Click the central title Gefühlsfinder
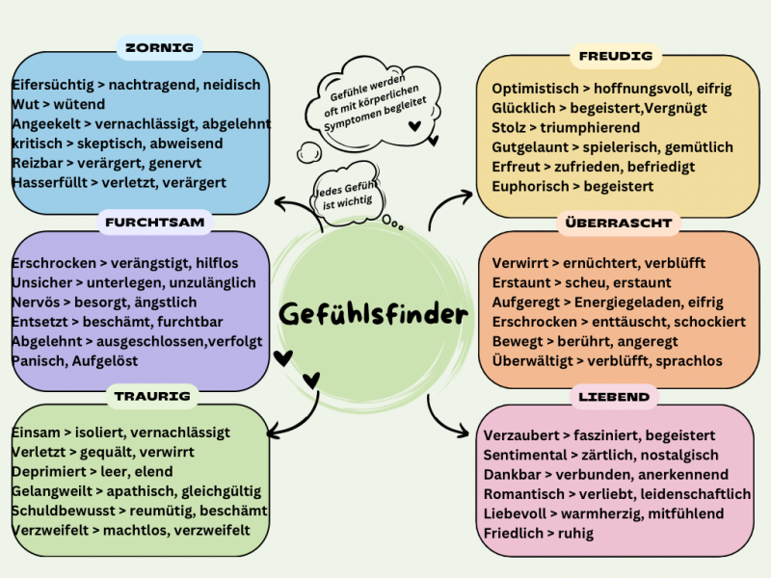374,314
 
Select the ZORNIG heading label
160,47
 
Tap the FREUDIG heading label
615,56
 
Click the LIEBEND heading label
614,396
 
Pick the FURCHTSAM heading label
154,223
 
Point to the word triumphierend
589,127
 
